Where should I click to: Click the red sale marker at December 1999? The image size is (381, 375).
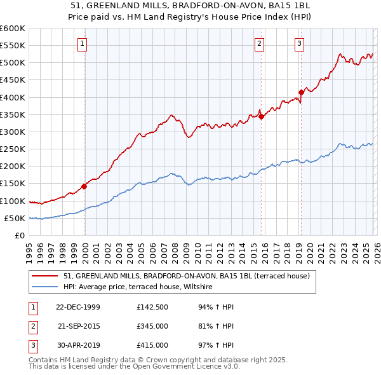coord(84,186)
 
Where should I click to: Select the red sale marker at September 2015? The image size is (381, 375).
coord(261,116)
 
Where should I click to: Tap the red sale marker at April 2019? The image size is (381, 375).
coord(301,92)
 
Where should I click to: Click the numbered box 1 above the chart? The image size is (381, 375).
coord(83,44)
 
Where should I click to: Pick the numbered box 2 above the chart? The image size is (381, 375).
coord(260,44)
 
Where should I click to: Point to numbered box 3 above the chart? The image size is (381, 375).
coord(300,44)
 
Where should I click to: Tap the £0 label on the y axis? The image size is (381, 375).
coord(19,235)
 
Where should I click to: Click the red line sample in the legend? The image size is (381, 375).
coord(44,276)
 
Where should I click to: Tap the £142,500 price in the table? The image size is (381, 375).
coord(152,307)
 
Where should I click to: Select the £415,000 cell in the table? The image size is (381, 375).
coord(152,345)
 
